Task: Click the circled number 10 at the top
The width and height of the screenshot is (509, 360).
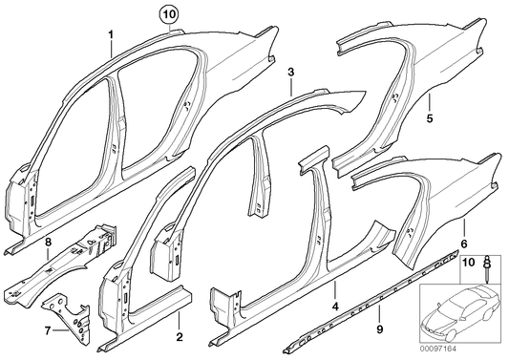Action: (168, 14)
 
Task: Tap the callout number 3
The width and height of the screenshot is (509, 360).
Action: (291, 72)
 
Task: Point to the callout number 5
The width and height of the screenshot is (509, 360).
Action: (429, 119)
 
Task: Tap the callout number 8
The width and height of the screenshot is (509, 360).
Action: (46, 244)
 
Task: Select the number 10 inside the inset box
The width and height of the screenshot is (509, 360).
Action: (469, 261)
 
